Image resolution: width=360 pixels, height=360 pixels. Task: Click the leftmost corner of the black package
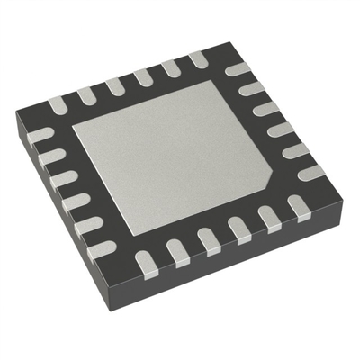click(x=16, y=112)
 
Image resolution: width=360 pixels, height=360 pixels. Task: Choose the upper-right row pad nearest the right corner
click(x=311, y=171)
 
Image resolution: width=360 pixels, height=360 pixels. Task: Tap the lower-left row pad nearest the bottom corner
click(x=103, y=247)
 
